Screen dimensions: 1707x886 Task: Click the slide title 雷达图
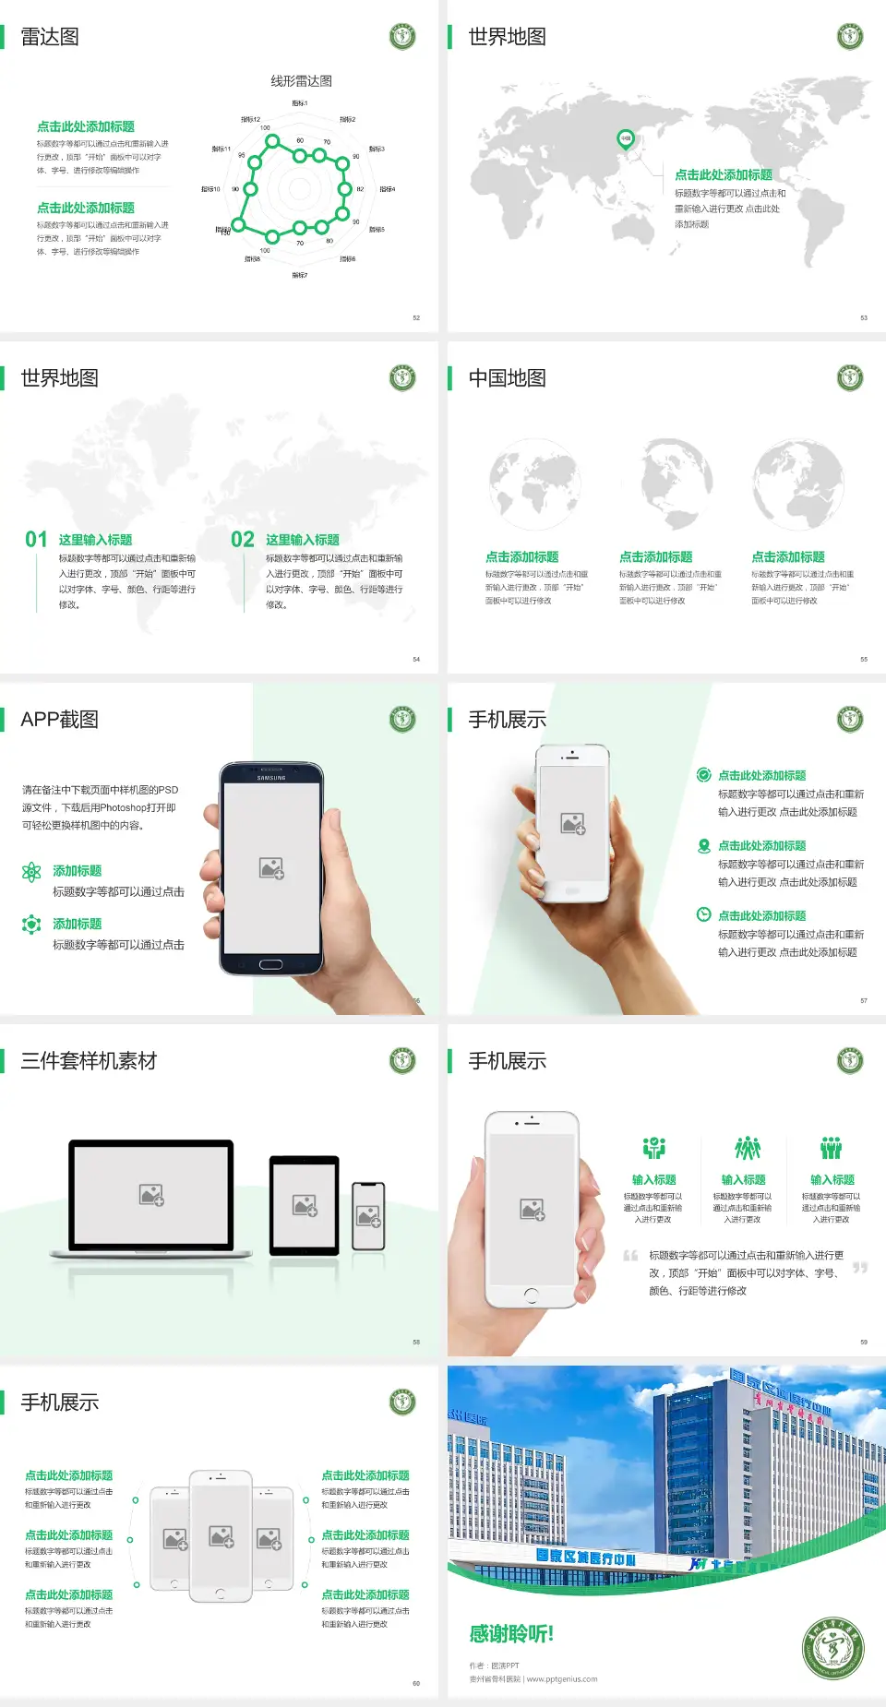tap(50, 37)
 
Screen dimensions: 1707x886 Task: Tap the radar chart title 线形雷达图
tap(301, 81)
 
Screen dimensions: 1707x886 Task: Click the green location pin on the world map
tap(625, 139)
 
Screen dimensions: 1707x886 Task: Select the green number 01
tap(36, 540)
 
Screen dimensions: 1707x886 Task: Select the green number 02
tap(243, 540)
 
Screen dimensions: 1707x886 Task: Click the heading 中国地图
tap(507, 378)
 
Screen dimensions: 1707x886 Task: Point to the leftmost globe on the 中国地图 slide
tap(534, 484)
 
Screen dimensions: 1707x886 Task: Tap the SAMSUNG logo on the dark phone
tap(271, 778)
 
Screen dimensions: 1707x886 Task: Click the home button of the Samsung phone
tap(270, 964)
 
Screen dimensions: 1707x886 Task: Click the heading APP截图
tap(59, 720)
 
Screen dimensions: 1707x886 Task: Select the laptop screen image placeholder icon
tap(151, 1195)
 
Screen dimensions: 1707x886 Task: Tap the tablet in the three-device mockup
tap(304, 1204)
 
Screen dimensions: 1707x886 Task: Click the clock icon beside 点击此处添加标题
tap(703, 914)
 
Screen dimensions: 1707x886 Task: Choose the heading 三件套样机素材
tap(89, 1061)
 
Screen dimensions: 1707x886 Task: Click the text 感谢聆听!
tap(511, 1634)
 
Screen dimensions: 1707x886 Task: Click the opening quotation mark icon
tap(630, 1256)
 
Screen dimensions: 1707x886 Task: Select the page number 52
tap(416, 317)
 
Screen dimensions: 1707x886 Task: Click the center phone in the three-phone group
tap(221, 1535)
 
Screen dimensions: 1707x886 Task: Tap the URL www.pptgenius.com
tap(562, 1679)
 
